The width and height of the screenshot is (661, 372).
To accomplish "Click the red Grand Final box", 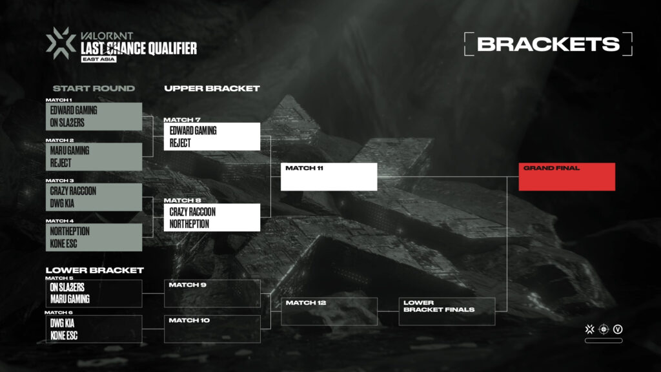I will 567,177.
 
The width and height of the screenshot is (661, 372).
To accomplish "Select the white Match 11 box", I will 329,177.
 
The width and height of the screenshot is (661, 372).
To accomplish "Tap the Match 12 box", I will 329,311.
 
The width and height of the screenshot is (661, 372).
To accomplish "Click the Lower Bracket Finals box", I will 447,311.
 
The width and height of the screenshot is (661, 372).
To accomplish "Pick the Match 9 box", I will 212,293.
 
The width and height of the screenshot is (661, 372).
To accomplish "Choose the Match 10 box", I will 212,329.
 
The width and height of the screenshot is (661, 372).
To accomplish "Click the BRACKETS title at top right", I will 548,44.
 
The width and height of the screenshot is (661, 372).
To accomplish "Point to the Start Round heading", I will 94,88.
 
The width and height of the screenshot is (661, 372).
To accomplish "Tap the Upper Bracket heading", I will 212,88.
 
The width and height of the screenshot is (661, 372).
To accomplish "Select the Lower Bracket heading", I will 94,270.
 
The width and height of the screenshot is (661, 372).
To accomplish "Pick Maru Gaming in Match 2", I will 70,150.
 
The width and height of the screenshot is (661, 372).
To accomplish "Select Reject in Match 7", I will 180,142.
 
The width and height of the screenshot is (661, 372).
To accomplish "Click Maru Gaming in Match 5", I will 70,299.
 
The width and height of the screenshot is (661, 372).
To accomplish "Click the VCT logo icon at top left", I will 61,42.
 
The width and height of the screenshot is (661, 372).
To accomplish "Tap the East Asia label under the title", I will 94,59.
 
